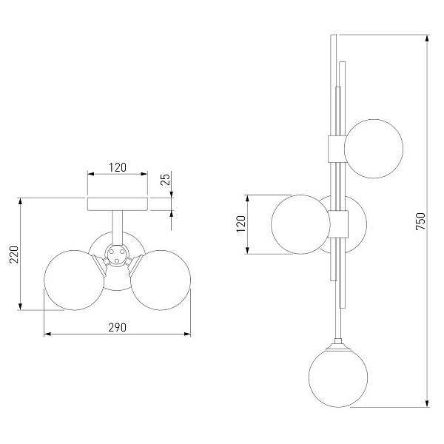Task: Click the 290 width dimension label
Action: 117,327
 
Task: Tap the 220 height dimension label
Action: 14,255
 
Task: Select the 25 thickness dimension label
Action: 165,179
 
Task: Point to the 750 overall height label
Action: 421,221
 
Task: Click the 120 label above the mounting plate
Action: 118,167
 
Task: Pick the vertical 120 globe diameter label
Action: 240,224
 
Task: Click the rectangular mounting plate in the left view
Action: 118,204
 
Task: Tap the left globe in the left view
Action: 74,280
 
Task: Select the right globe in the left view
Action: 161,280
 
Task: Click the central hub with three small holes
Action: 116,255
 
